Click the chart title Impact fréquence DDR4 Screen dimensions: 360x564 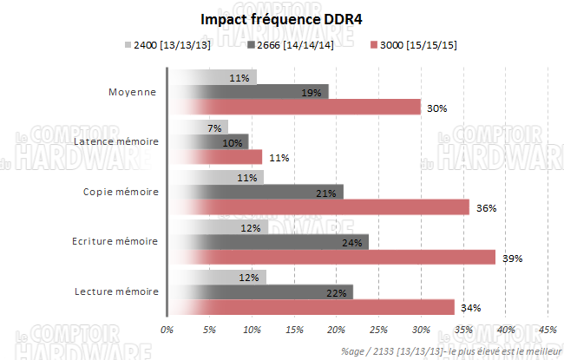point(281,18)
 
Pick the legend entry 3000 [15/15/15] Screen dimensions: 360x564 point(413,44)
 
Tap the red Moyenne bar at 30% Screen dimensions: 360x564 point(295,107)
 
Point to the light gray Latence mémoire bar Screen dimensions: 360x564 point(198,127)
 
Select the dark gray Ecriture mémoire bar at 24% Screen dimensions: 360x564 point(268,242)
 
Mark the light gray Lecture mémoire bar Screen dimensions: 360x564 point(217,277)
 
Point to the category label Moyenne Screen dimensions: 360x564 point(132,91)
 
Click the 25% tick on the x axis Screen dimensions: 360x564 point(378,330)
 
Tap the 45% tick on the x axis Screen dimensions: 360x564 point(548,330)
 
